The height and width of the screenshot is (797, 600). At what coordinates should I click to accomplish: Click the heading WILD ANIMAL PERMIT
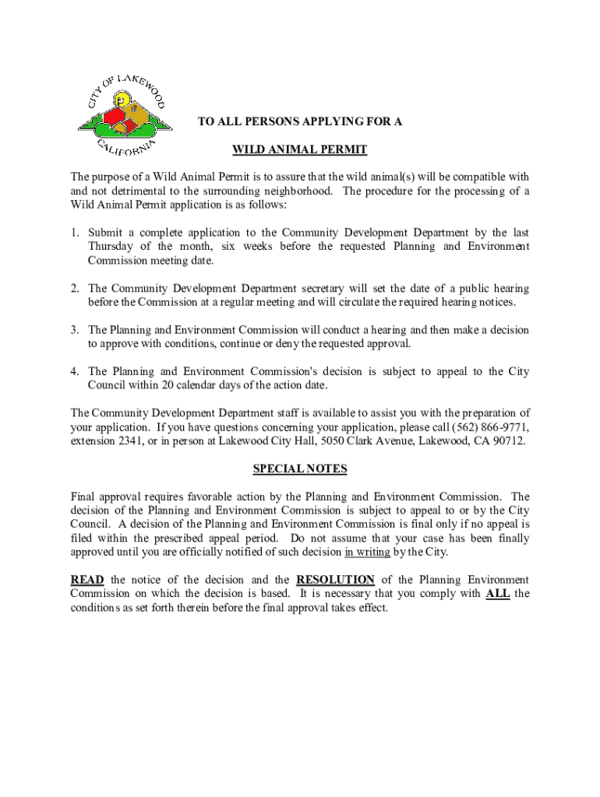(300, 149)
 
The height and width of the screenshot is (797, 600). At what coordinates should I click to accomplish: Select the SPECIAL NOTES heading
(300, 469)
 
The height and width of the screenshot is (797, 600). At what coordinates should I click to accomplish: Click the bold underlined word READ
(87, 580)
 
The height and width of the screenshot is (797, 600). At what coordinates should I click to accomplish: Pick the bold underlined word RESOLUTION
(335, 580)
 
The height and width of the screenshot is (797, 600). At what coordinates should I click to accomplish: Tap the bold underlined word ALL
(498, 594)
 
